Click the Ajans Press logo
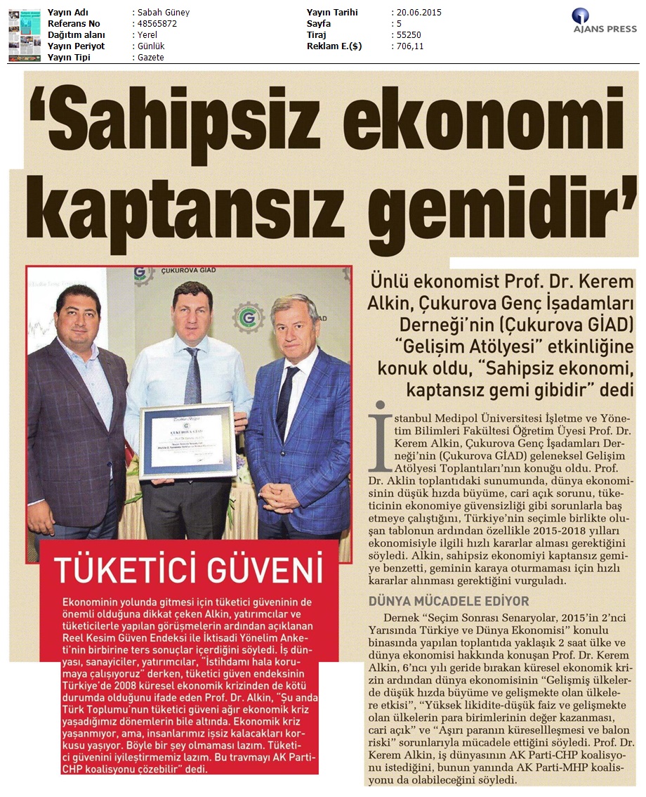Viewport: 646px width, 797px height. click(603, 20)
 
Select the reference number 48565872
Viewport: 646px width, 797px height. click(154, 24)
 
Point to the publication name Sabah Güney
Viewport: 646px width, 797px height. click(162, 13)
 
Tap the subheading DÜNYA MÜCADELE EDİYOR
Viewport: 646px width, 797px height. click(449, 601)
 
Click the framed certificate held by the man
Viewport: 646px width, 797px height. click(188, 440)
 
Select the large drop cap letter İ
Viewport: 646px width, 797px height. click(380, 436)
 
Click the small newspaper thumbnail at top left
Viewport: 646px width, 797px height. click(24, 34)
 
